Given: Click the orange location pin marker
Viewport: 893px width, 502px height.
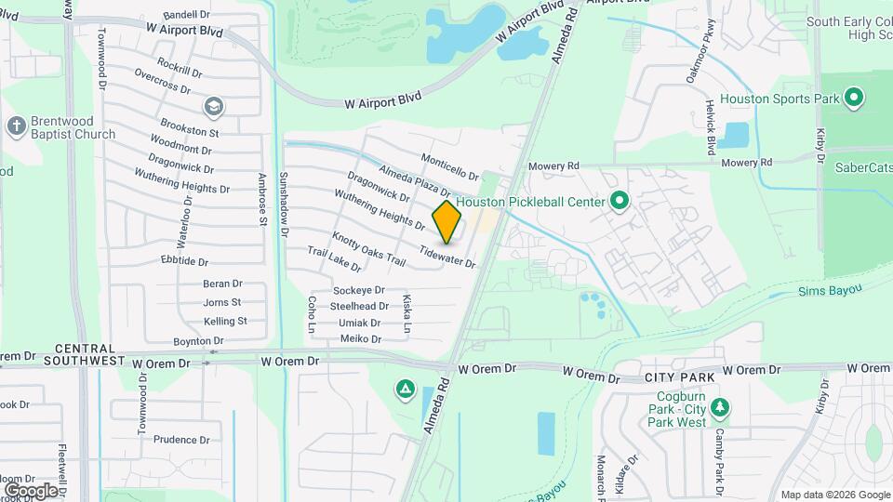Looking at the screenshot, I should pyautogui.click(x=446, y=222).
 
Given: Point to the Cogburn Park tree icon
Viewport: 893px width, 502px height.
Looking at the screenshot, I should pyautogui.click(x=719, y=406).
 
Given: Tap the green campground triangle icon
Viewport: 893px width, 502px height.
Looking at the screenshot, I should pyautogui.click(x=405, y=388).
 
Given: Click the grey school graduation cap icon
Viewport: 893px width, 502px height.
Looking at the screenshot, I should pyautogui.click(x=215, y=108).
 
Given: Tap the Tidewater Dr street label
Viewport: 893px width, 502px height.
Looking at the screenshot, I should pyautogui.click(x=447, y=258).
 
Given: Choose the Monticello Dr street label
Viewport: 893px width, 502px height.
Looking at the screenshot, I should pyautogui.click(x=449, y=167).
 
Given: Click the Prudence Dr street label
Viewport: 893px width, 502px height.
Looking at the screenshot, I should pyautogui.click(x=182, y=440).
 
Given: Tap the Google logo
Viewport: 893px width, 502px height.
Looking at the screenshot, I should pyautogui.click(x=30, y=490).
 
